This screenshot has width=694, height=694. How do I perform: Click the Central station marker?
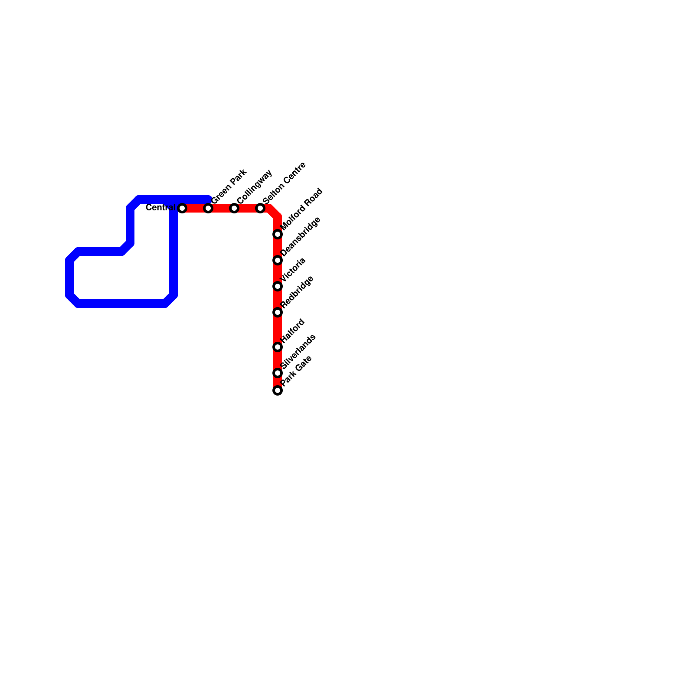(x=183, y=208)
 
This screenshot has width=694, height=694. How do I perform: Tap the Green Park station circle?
(x=209, y=208)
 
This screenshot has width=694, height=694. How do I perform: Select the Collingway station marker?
(x=234, y=208)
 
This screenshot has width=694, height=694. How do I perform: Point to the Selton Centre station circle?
(x=260, y=208)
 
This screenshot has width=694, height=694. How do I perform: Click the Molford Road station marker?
(x=278, y=234)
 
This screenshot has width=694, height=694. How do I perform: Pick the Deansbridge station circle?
(x=278, y=260)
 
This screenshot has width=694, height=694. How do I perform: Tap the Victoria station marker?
(x=278, y=286)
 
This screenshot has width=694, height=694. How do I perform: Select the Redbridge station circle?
(x=278, y=312)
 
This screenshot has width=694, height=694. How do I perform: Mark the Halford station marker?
(x=278, y=347)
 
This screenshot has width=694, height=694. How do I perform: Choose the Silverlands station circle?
(x=278, y=373)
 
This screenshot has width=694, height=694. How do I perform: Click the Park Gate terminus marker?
(x=278, y=390)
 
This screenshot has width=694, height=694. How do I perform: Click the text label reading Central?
(x=160, y=208)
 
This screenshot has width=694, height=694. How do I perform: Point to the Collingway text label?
(x=255, y=186)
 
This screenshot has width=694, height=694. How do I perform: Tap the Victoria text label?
(x=294, y=269)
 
